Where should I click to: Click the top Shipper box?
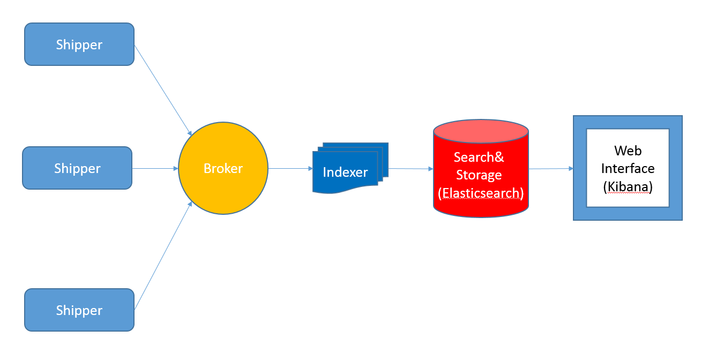point(79,44)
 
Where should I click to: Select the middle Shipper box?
point(77,168)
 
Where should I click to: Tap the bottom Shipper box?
point(79,310)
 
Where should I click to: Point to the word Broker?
point(223,169)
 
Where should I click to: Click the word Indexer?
point(345,172)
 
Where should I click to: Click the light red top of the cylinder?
point(481,131)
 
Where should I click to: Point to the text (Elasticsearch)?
point(480,193)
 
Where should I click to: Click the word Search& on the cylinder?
point(479,157)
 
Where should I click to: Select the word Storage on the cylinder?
point(479,175)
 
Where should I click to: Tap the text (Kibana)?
point(628,187)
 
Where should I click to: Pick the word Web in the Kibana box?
point(628,151)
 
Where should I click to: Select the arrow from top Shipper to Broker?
point(162,90)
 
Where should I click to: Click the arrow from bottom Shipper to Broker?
point(162,256)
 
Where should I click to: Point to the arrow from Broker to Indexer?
point(290,168)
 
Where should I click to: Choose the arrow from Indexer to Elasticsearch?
point(411,169)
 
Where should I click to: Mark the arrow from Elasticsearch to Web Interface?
point(551,169)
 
